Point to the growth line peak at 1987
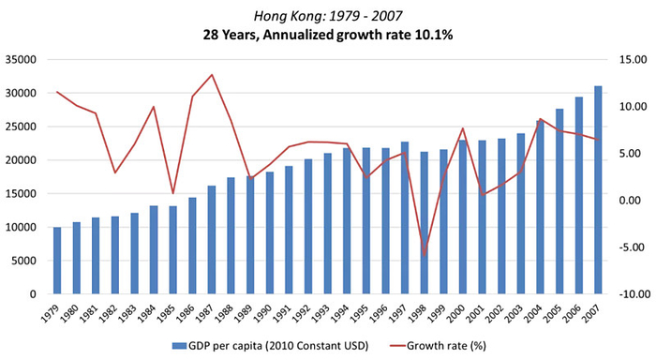point(212,75)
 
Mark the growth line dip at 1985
point(173,193)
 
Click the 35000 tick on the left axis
point(20,59)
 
